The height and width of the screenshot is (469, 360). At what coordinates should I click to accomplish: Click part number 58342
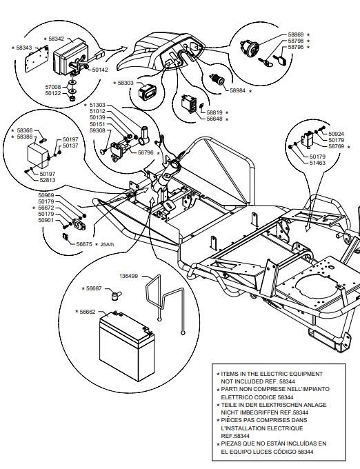(57, 39)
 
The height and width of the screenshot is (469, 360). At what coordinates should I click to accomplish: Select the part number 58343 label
(24, 48)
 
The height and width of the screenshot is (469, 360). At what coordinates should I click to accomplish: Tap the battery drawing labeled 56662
(127, 346)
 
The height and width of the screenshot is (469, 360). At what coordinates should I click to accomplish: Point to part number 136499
(128, 276)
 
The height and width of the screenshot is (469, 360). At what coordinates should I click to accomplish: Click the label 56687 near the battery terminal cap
(94, 288)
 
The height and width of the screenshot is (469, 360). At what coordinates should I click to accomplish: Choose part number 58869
(296, 34)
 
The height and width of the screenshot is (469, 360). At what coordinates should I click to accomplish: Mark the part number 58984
(238, 90)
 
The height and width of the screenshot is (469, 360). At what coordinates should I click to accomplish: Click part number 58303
(126, 83)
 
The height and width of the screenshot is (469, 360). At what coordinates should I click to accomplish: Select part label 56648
(214, 119)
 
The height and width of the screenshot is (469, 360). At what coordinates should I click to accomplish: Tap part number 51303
(97, 105)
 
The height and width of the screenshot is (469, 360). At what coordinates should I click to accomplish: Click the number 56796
(146, 152)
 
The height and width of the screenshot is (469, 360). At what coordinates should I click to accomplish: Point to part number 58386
(25, 137)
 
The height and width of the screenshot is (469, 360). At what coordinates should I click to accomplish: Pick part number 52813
(48, 180)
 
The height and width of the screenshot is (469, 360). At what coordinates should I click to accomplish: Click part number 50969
(46, 195)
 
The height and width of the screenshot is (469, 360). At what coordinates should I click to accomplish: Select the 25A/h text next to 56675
(107, 244)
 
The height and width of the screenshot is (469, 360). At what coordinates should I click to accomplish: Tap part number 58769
(337, 146)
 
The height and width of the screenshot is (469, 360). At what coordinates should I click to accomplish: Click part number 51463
(317, 163)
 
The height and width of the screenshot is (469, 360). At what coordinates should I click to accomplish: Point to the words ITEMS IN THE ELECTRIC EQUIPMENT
(272, 374)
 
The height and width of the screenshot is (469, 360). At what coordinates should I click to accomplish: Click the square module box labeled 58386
(38, 156)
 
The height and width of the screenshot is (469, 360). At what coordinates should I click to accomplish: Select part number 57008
(53, 87)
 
